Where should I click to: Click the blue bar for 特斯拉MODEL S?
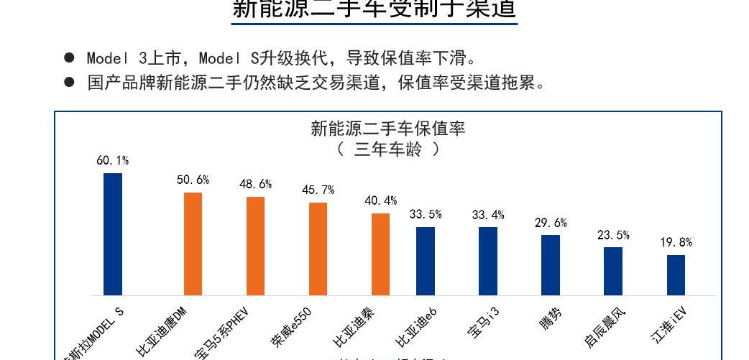coord(113,234)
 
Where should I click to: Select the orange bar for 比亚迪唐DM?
coord(193,244)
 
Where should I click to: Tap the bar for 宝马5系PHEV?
coord(255,246)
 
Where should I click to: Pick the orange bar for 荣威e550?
coord(318,249)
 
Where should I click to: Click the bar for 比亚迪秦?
coord(381,254)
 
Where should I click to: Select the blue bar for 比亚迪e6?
coord(426,262)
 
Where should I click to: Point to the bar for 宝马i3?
coord(488,262)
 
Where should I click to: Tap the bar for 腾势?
coord(551,265)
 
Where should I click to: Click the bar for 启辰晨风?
coord(613,272)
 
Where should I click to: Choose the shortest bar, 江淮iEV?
coord(676,275)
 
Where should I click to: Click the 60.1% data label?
coord(113,160)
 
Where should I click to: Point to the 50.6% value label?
coord(193,180)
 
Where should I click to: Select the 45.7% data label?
coord(318,190)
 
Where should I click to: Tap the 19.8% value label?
coord(676,243)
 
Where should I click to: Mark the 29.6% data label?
coord(551,223)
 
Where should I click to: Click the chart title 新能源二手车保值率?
coord(388,129)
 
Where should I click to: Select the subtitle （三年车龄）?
coord(388,149)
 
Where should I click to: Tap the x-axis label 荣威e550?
coord(292,330)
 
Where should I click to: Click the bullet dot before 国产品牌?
coord(69,82)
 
